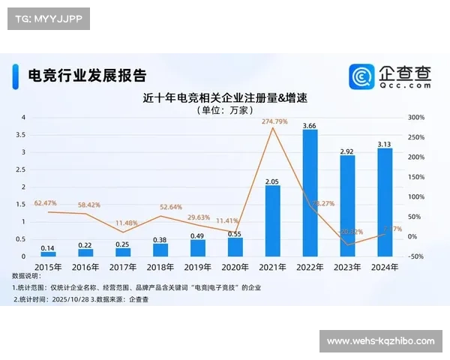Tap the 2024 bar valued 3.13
(385, 202)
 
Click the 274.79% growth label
(274, 121)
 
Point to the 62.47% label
(46, 202)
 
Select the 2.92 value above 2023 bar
(347, 150)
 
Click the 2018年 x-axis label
(160, 266)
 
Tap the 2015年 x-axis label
(47, 266)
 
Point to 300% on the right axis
(417, 118)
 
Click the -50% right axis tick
(416, 256)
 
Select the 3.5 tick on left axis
(22, 135)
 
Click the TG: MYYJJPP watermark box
(47, 19)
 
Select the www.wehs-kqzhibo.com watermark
(381, 341)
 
